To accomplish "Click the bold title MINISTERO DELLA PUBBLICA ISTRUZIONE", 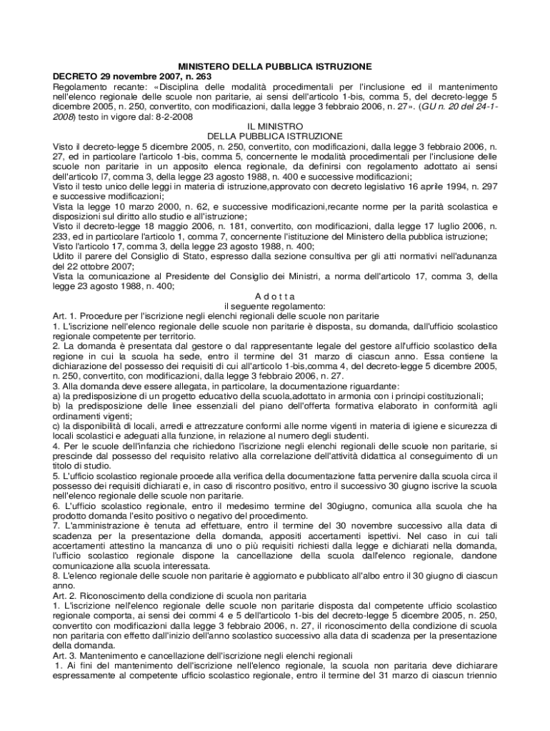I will [x=275, y=66].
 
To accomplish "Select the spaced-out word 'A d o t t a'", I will [x=274, y=296].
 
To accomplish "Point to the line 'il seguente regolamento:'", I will [x=275, y=306].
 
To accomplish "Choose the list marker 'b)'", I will [x=57, y=406].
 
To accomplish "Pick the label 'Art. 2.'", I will [x=65, y=595].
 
